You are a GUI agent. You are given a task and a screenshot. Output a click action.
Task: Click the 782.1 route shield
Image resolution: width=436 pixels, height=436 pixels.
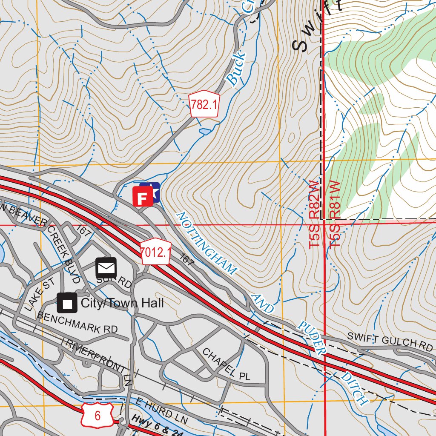pyautogui.click(x=204, y=104)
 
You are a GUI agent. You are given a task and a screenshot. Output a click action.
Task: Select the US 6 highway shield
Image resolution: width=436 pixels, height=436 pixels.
pyautogui.click(x=98, y=415)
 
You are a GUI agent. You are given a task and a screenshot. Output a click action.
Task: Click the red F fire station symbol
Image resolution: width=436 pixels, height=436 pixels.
pyautogui.click(x=143, y=197)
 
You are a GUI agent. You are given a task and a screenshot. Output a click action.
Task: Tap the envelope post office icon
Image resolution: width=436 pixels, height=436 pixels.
pyautogui.click(x=106, y=268)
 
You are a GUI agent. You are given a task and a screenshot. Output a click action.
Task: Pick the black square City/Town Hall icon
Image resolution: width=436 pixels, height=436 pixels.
pyautogui.click(x=67, y=303)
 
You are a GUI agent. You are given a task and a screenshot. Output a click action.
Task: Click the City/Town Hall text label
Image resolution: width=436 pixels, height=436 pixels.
pyautogui.click(x=122, y=303)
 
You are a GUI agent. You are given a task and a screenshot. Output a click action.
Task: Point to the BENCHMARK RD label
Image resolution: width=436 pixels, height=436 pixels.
pyautogui.click(x=77, y=323)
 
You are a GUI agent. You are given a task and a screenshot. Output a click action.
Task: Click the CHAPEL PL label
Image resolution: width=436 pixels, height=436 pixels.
pyautogui.click(x=226, y=364)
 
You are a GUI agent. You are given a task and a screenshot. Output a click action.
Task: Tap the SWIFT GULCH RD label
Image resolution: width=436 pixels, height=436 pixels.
pyautogui.click(x=390, y=341)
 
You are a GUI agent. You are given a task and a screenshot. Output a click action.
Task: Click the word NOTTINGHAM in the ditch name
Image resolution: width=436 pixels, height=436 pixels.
pyautogui.click(x=205, y=243)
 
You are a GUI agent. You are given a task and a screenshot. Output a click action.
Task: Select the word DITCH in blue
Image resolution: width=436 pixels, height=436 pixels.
pyautogui.click(x=355, y=388)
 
